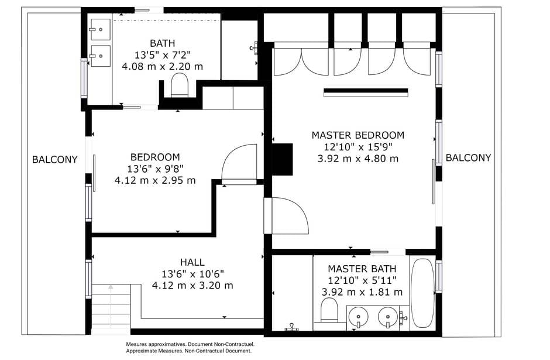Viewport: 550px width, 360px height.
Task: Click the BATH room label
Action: [x=163, y=43]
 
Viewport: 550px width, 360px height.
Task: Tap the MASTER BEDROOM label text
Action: [x=357, y=135]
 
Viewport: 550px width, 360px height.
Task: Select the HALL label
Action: [x=192, y=262]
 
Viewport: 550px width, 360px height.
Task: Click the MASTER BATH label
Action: [x=362, y=269]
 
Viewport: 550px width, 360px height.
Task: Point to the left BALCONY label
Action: [x=55, y=160]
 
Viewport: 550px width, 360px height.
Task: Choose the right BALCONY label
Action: [x=468, y=158]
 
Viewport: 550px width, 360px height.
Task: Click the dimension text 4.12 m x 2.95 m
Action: [x=155, y=180]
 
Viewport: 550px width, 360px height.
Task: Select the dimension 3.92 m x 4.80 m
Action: [x=357, y=159]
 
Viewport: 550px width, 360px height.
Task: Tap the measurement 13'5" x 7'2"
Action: [x=163, y=55]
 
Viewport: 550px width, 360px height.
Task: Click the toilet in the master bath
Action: [x=329, y=310]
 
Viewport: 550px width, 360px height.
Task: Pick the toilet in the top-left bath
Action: [x=180, y=85]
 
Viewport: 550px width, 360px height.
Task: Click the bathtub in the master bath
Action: [x=422, y=293]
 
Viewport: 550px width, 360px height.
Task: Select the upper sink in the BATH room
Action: [x=100, y=29]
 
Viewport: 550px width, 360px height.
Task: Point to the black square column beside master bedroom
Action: [x=283, y=159]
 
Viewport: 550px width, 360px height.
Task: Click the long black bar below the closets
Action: [x=366, y=92]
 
